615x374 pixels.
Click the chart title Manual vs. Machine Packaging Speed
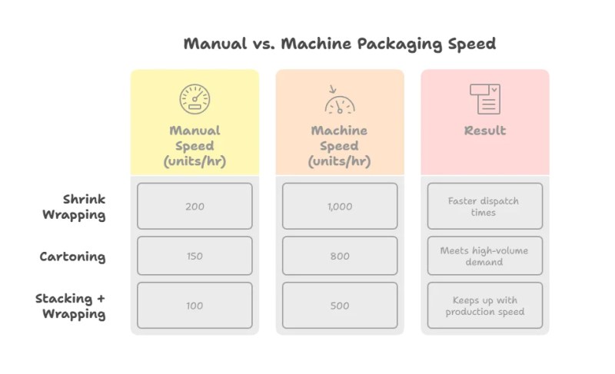coord(339,43)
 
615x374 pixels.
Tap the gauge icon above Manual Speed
coord(194,99)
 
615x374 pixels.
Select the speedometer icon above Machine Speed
coord(339,100)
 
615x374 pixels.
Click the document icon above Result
coord(484,99)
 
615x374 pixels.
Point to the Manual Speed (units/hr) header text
coord(194,146)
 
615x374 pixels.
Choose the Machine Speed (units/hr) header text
coord(339,146)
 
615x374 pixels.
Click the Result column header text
coord(484,131)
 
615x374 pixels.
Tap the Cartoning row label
coord(72,257)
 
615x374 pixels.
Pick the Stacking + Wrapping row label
coord(71,306)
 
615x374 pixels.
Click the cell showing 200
coord(194,206)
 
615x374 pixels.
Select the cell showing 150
coord(194,256)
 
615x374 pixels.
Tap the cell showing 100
coord(194,306)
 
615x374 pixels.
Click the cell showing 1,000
coord(339,206)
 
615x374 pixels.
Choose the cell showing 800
coord(339,256)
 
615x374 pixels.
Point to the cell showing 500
coord(339,306)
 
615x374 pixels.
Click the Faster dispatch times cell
coord(484,206)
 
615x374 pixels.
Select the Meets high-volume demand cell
coord(484,256)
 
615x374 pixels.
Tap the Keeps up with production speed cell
coord(484,306)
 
